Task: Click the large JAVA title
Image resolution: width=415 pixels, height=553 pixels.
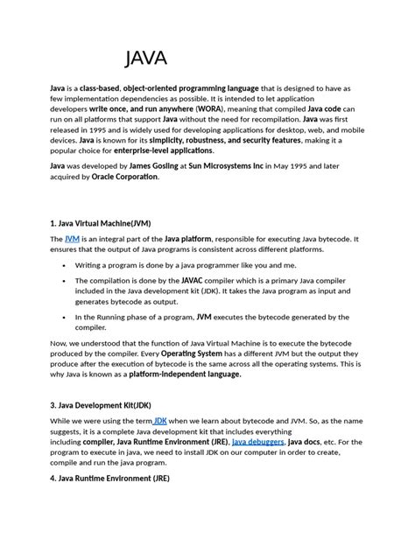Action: click(x=145, y=59)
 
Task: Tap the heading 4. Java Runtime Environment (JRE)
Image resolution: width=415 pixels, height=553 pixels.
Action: click(x=110, y=479)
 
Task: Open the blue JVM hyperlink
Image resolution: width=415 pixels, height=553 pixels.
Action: click(x=73, y=238)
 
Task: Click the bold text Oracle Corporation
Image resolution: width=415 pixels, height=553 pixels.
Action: click(x=125, y=176)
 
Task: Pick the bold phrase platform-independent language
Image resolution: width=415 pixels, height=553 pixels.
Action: click(x=185, y=374)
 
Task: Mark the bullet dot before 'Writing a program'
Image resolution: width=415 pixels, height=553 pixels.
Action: click(x=64, y=264)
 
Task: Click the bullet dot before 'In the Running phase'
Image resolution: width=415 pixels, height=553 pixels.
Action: click(x=64, y=318)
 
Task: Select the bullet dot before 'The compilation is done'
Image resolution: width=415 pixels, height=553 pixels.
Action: click(x=64, y=281)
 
